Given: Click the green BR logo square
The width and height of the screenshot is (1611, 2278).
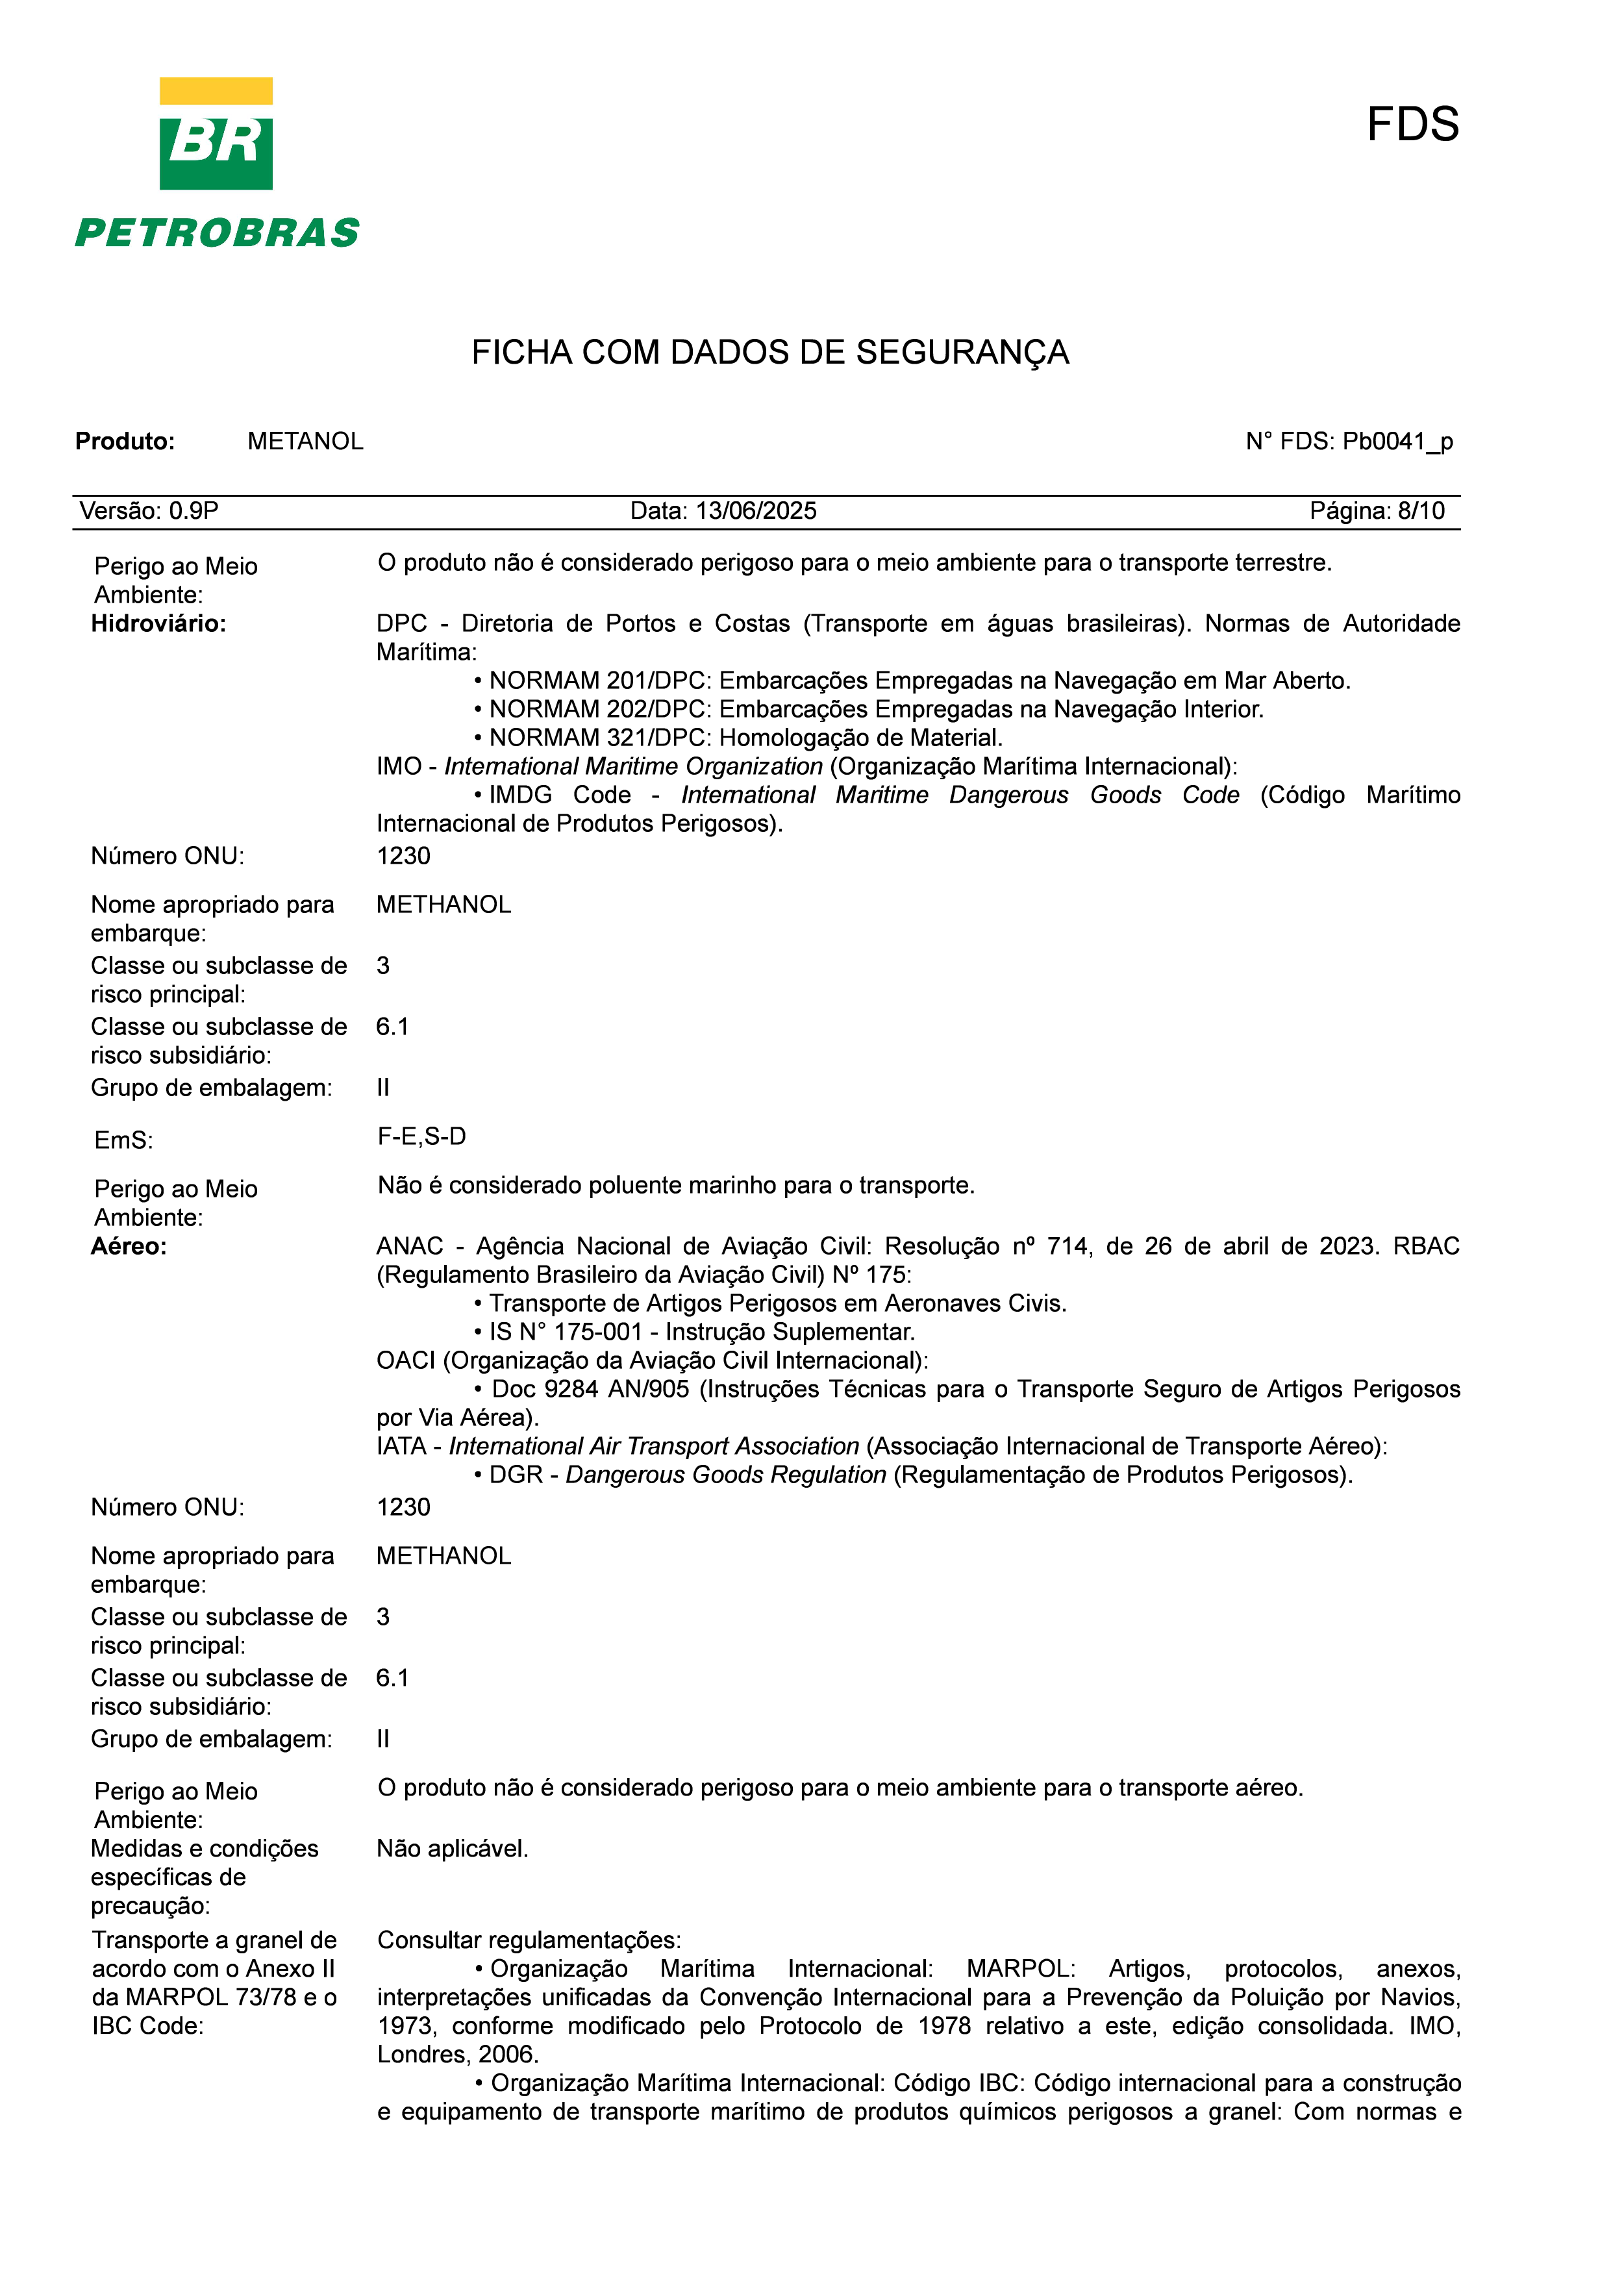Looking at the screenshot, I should (216, 146).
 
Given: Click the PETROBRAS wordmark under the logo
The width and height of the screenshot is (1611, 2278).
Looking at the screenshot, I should (218, 233).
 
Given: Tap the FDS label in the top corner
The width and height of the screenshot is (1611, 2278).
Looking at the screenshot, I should (1412, 125).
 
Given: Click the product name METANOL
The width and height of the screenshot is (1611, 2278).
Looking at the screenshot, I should (306, 442).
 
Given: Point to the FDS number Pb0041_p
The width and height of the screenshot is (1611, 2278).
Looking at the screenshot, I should (1397, 442).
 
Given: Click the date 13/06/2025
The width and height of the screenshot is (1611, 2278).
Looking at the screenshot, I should (756, 511).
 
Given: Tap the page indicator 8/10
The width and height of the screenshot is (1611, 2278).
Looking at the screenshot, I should (1421, 511).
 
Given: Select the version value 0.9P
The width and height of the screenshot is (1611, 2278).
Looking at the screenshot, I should (194, 511).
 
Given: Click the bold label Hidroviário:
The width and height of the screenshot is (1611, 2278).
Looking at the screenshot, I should (158, 624).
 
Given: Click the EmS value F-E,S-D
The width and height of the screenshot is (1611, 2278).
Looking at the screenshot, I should (421, 1137).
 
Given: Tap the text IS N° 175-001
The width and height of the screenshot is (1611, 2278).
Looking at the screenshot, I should (566, 1333).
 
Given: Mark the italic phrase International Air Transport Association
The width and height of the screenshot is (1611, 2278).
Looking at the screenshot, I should (654, 1447).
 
